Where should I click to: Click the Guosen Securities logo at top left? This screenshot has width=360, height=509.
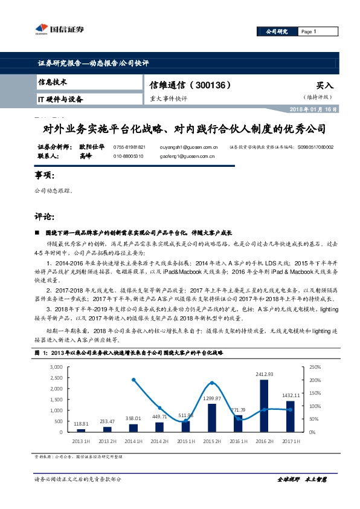point(53,28)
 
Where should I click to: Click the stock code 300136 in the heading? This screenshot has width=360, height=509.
point(211,85)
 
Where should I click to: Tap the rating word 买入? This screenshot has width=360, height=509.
point(324,86)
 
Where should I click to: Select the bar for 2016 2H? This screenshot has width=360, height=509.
point(264,406)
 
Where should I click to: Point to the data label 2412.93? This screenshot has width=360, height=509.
point(265,375)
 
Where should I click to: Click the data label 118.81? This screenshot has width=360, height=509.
point(81,424)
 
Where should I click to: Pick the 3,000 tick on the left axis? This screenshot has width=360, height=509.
point(56,367)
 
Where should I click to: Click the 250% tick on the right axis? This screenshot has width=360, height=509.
point(314,367)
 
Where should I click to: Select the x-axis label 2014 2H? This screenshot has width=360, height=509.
point(159,441)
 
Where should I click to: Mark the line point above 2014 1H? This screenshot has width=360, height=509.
point(133,380)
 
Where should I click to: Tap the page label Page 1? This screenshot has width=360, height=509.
point(308,32)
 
